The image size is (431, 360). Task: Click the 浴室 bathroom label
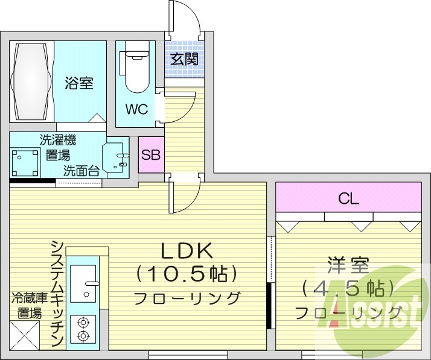(x=79, y=83)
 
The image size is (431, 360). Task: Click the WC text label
(x=136, y=110)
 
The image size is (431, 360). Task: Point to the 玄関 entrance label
(x=184, y=59)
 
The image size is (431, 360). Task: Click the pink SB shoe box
(x=150, y=155)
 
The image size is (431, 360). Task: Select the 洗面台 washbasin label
(x=81, y=171)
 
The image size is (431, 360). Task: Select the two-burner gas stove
(x=83, y=329)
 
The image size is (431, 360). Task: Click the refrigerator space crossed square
(x=24, y=335)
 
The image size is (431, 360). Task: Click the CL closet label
(x=348, y=198)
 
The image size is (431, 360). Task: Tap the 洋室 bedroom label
(x=348, y=265)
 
